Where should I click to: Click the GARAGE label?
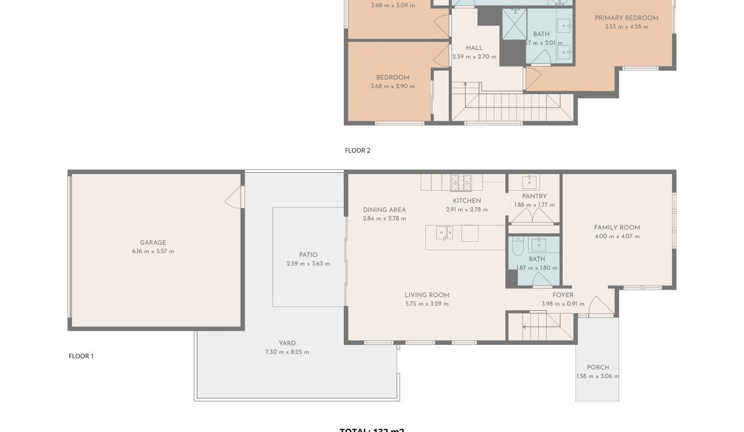click(x=153, y=243)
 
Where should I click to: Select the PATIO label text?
click(x=308, y=255)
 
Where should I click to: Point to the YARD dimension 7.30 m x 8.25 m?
click(x=287, y=352)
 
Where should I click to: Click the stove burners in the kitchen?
click(x=461, y=182)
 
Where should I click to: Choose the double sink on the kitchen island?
click(x=445, y=233)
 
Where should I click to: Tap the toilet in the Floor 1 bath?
click(x=517, y=246)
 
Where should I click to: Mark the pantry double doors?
click(x=534, y=220)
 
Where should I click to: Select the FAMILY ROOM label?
click(x=617, y=227)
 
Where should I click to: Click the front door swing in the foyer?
click(x=601, y=307)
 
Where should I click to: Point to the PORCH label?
click(x=598, y=367)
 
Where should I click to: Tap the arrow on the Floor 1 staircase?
click(x=526, y=327)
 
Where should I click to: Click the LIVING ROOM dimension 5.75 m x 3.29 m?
click(x=427, y=304)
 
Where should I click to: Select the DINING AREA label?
click(x=384, y=210)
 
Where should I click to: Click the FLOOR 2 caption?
click(x=358, y=151)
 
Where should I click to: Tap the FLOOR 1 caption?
click(x=81, y=356)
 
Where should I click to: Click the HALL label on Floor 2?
click(x=474, y=48)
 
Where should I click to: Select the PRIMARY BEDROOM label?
click(x=626, y=18)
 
